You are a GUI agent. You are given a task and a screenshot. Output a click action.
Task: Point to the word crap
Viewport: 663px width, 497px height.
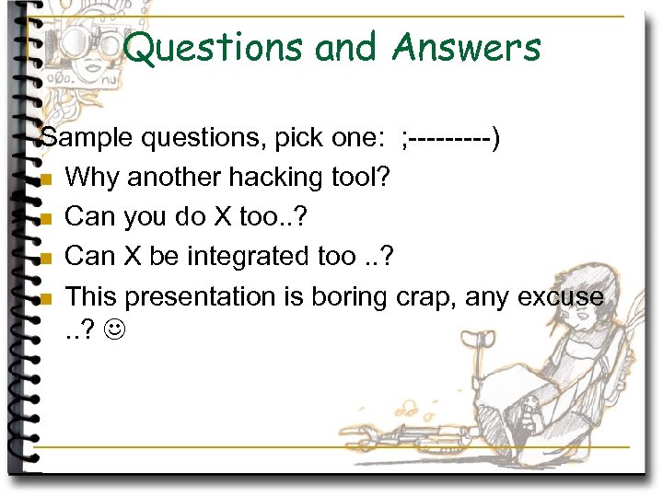coord(425,297)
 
